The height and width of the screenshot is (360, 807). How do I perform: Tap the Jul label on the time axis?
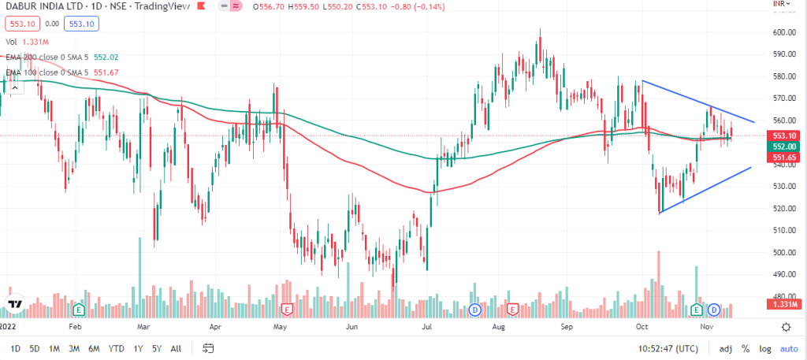point(426,325)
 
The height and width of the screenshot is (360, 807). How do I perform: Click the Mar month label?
point(143,325)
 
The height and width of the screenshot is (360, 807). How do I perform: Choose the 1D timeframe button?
point(15,348)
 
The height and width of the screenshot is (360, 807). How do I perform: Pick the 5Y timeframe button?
point(158,348)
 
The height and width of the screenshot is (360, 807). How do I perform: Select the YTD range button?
point(116,348)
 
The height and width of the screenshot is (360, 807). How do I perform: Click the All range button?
point(176,348)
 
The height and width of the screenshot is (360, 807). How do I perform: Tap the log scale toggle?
point(764,348)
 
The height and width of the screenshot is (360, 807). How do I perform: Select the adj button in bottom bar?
point(725,348)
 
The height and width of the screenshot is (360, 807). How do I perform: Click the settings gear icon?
point(786,326)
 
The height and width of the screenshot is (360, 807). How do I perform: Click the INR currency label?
point(778,6)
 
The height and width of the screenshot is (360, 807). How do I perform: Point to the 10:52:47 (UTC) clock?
point(668,348)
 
